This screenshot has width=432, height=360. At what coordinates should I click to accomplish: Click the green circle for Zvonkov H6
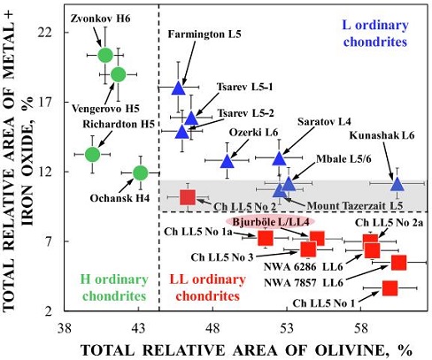point(105,55)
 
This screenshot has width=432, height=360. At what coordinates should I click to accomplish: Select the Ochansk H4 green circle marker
point(140,172)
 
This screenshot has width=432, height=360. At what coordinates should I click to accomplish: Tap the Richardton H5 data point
point(92,154)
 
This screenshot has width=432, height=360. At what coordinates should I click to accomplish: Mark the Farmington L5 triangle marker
point(178,87)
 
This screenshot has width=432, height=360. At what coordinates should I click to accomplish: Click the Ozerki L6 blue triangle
point(227,160)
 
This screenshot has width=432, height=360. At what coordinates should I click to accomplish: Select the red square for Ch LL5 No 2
point(188,196)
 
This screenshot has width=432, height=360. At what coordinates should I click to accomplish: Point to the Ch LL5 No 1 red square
point(390,287)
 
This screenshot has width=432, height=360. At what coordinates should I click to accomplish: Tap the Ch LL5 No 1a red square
point(266,238)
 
